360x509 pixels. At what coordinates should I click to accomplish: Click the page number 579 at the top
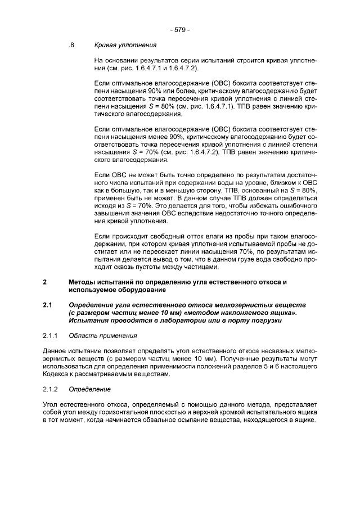click(179, 29)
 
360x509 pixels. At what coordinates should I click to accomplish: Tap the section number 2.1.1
click(51, 336)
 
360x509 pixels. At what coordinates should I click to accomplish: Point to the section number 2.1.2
click(51, 389)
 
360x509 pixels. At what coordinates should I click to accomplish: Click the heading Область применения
click(103, 336)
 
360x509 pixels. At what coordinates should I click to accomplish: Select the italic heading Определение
click(90, 389)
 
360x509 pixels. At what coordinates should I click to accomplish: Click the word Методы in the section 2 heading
click(83, 281)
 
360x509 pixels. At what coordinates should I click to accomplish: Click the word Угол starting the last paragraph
click(51, 404)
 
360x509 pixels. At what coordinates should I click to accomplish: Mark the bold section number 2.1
click(48, 305)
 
